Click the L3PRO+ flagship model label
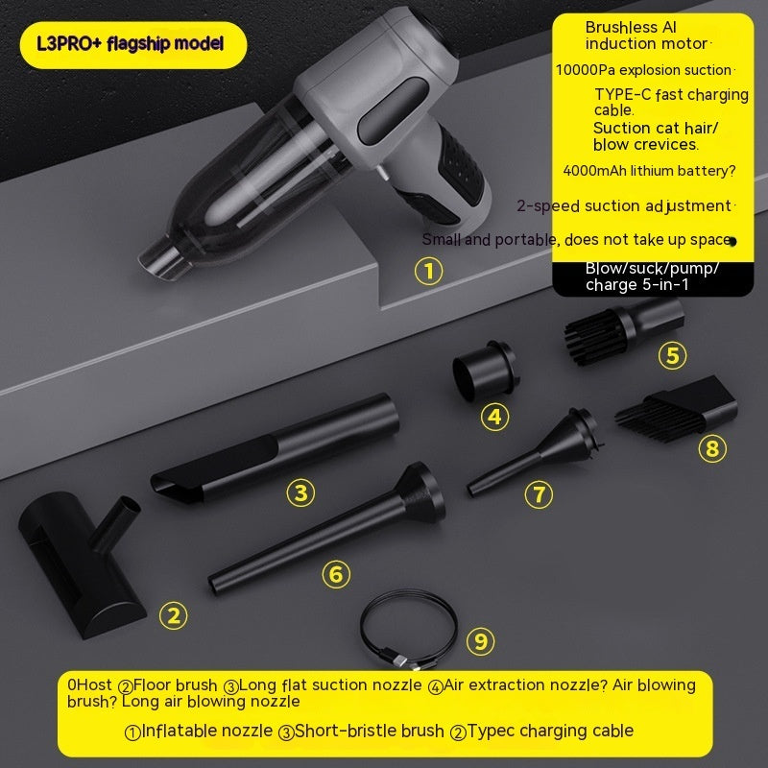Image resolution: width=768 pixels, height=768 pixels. pyautogui.click(x=131, y=44)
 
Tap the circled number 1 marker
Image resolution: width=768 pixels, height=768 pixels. pyautogui.click(x=428, y=272)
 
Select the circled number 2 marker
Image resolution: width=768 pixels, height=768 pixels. pyautogui.click(x=174, y=615)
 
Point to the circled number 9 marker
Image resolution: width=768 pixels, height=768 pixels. pyautogui.click(x=481, y=641)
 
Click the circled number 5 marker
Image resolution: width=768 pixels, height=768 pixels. pyautogui.click(x=673, y=355)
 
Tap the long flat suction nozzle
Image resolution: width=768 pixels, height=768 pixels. pyautogui.click(x=275, y=448)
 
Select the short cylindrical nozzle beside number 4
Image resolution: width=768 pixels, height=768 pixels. pyautogui.click(x=484, y=371)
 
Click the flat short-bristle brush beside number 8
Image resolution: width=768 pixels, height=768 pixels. pyautogui.click(x=677, y=409)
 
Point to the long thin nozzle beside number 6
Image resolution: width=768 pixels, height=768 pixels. pyautogui.click(x=326, y=528)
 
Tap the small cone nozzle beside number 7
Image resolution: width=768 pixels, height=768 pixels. pyautogui.click(x=535, y=451)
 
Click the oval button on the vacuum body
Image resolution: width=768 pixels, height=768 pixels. pyautogui.click(x=393, y=111)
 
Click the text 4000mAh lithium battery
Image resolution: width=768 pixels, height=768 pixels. pyautogui.click(x=649, y=171)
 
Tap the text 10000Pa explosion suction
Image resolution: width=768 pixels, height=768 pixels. pyautogui.click(x=643, y=70)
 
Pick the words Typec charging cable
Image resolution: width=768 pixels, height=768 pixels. pyautogui.click(x=550, y=731)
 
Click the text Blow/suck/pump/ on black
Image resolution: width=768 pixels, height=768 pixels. pyautogui.click(x=652, y=269)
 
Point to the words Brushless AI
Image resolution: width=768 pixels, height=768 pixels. pyautogui.click(x=631, y=28)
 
